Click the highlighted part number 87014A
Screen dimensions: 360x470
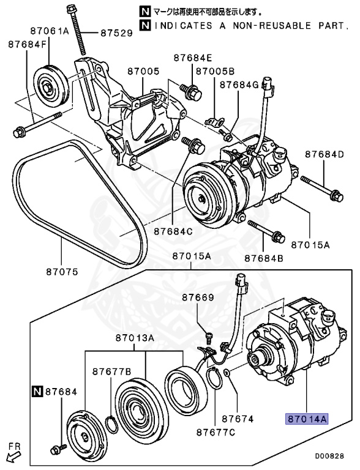tap(307, 419)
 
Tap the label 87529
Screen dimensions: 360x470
tap(116, 32)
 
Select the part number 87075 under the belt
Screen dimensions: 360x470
tap(62, 272)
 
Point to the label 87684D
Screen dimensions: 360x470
tap(324, 154)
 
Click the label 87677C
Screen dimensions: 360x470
tap(216, 432)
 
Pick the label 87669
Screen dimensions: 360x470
tap(198, 297)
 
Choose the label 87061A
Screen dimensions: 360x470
tap(50, 31)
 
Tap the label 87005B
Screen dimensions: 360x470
tap(215, 72)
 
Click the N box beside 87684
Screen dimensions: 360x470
tap(37, 392)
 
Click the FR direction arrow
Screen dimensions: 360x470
tap(13, 457)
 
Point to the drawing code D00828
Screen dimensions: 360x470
tap(329, 456)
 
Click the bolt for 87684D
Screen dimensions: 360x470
tap(322, 188)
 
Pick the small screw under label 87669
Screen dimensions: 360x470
tap(209, 338)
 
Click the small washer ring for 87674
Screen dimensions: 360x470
tap(227, 373)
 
